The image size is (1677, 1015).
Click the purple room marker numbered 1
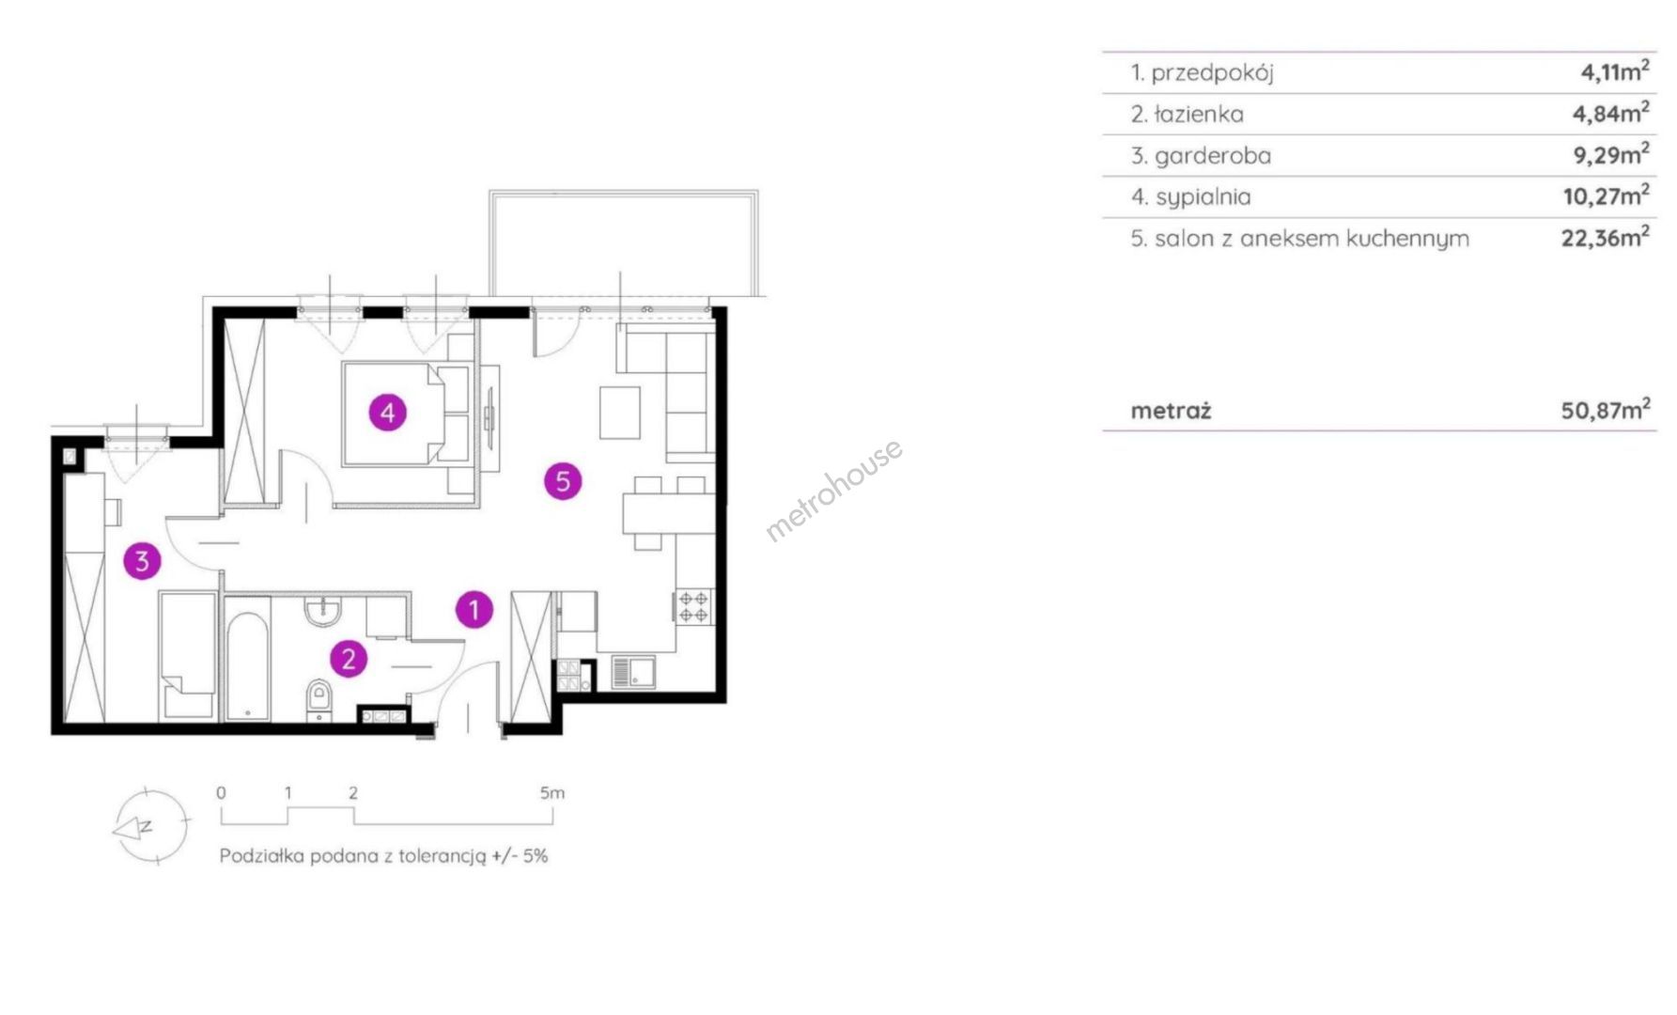(474, 610)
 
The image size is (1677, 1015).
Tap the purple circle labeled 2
(349, 659)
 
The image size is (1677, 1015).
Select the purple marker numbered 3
(142, 561)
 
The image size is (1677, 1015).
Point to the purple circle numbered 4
(387, 412)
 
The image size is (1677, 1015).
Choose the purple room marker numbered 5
(563, 481)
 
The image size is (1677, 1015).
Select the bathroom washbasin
(323, 611)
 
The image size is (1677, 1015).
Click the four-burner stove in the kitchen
(694, 606)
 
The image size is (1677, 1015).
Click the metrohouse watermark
(834, 490)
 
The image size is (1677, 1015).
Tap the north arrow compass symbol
(149, 826)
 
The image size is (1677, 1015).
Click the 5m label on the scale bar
(552, 793)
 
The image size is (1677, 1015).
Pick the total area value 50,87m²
(1606, 410)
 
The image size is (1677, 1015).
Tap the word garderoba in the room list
(1213, 156)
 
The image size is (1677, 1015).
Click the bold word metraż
(1172, 411)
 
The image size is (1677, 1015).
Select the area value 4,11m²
(1615, 71)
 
